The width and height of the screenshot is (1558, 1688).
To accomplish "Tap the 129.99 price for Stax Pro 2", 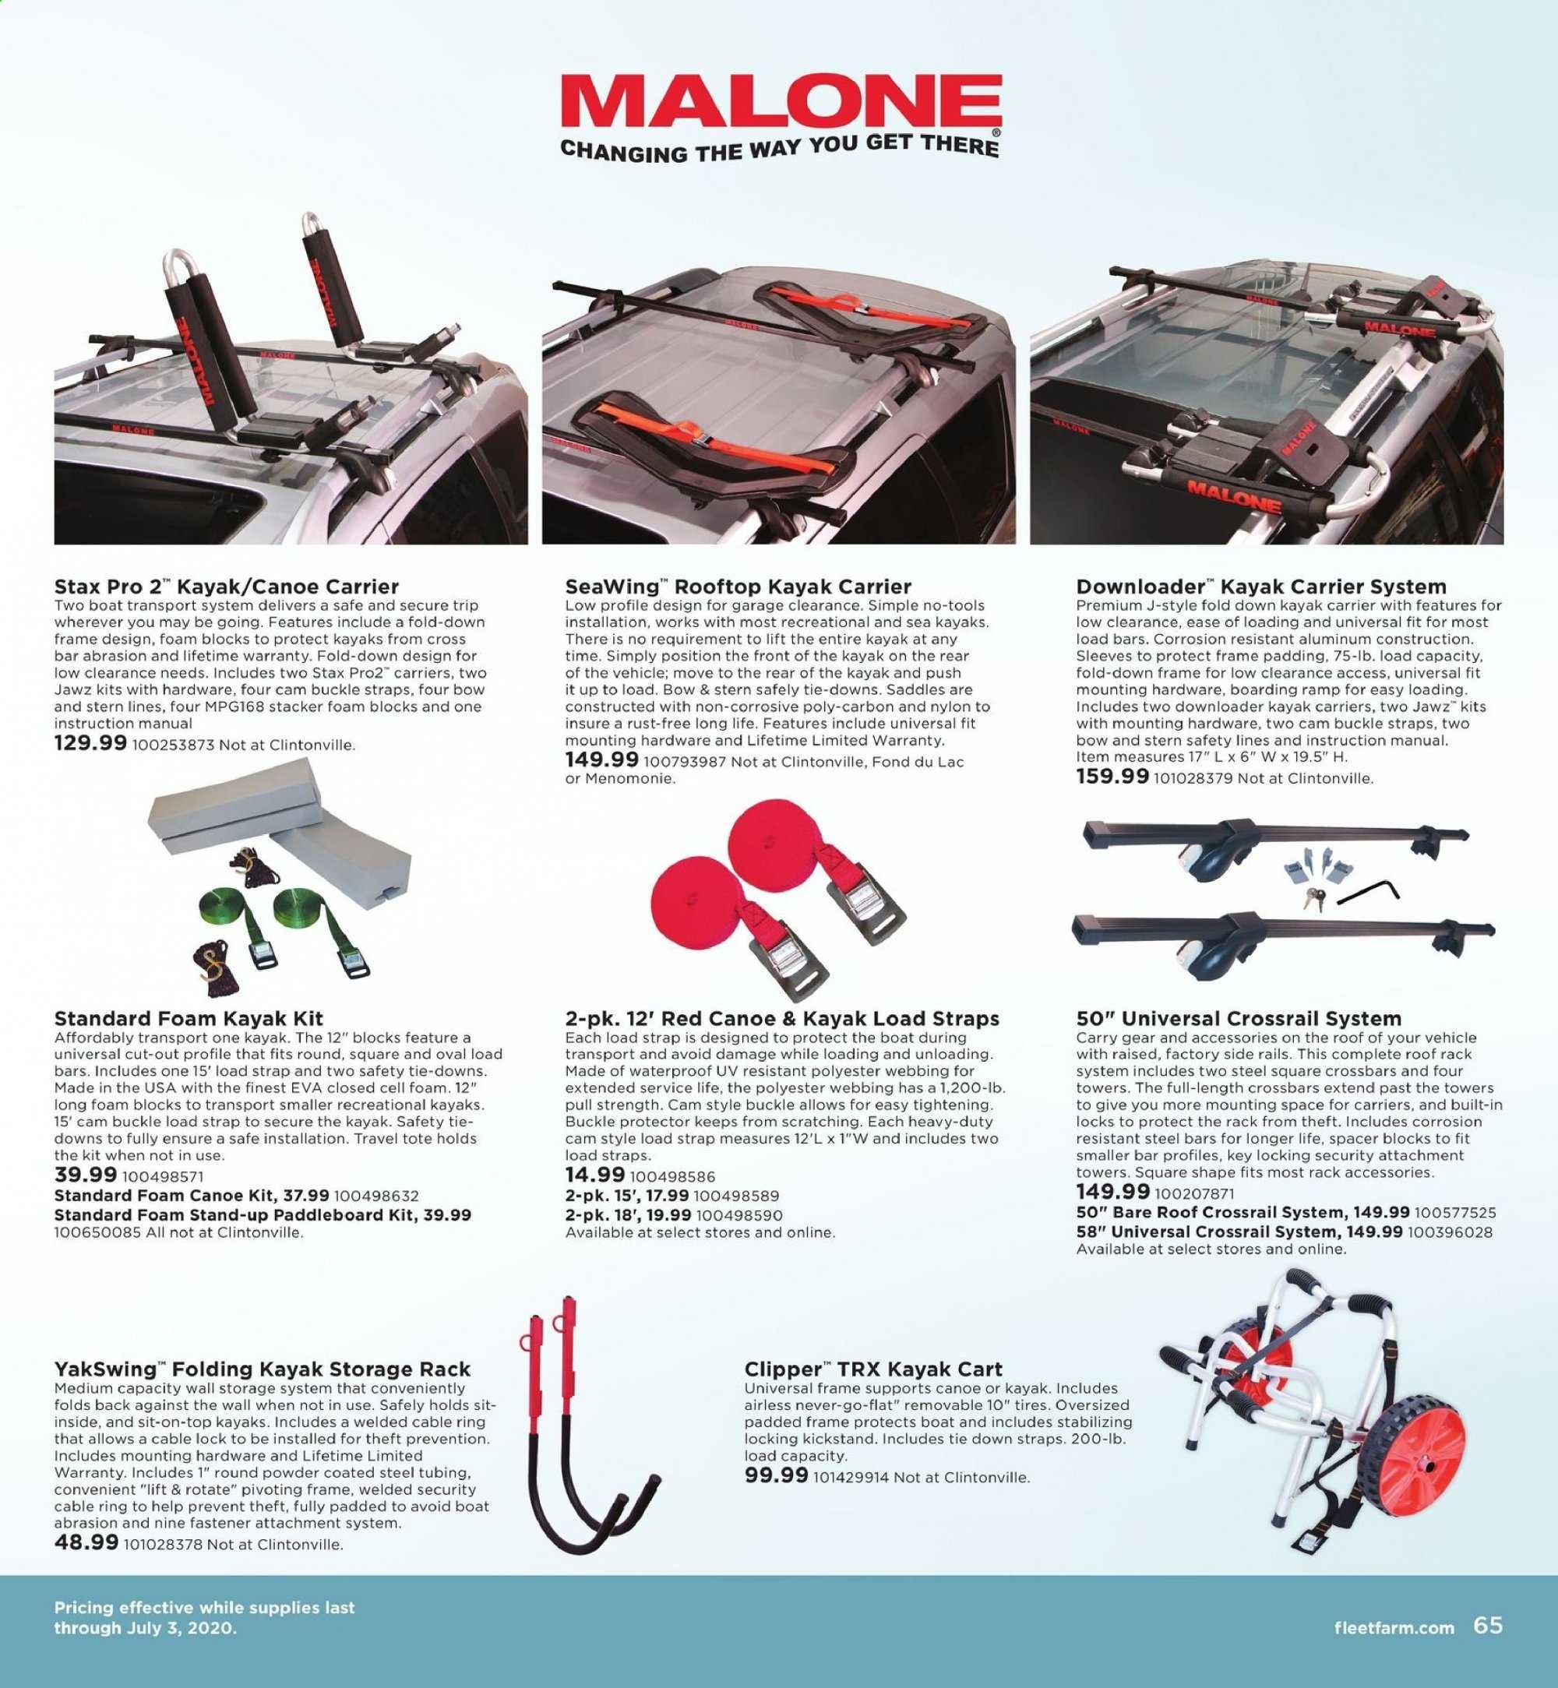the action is click(90, 744).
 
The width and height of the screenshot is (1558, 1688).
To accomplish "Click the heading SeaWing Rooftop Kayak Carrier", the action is click(738, 586).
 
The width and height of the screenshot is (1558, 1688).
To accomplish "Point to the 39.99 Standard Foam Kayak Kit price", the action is click(85, 1175).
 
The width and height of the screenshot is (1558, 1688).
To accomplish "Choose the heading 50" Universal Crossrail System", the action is click(1239, 1019).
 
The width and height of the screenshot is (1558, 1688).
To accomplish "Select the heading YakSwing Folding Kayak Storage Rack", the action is click(263, 1370).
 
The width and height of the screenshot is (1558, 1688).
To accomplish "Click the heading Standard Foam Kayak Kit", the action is click(189, 1019).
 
